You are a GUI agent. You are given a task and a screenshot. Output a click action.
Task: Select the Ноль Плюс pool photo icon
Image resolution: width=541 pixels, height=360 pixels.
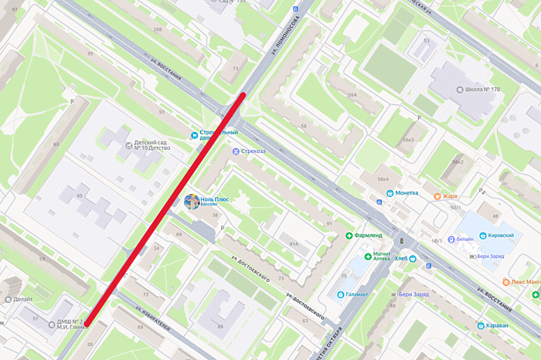tap(191, 202)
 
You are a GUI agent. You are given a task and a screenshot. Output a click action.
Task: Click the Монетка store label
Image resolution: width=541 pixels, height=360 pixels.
tap(407, 193)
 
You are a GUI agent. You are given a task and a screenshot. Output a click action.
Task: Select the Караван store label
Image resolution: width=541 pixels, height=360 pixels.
tap(497, 325)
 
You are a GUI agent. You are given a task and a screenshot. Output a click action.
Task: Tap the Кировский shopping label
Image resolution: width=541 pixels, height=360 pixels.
tap(502, 234)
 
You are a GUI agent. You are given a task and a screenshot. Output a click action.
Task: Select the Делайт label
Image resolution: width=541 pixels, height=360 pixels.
tap(22, 298)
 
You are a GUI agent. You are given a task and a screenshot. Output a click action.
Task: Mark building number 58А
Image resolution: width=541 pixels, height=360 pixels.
tap(352, 95)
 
